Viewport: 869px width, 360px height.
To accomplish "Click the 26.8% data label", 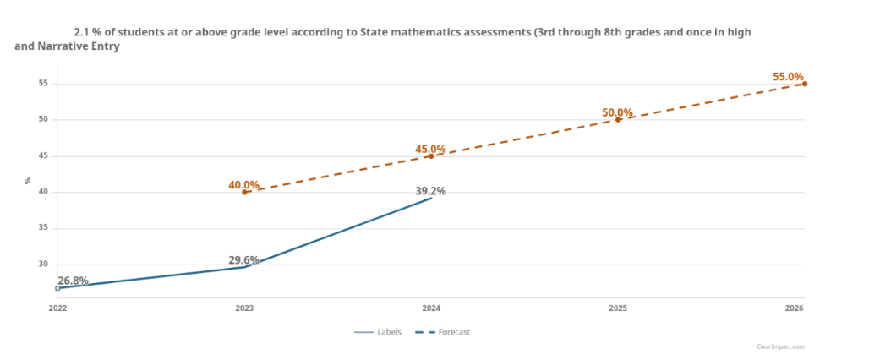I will pyautogui.click(x=73, y=281).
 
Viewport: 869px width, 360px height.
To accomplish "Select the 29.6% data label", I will pyautogui.click(x=243, y=260).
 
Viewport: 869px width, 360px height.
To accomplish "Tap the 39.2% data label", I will pyautogui.click(x=430, y=191).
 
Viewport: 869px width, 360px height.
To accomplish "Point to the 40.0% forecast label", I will pyautogui.click(x=243, y=185).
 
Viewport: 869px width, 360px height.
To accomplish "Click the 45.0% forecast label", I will pyautogui.click(x=430, y=150).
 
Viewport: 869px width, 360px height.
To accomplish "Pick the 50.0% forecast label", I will pyautogui.click(x=617, y=112).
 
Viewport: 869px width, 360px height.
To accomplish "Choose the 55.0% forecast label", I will pyautogui.click(x=788, y=77).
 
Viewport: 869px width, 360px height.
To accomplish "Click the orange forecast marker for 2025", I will pyautogui.click(x=618, y=119).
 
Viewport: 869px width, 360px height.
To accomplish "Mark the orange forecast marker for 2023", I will pyautogui.click(x=244, y=192).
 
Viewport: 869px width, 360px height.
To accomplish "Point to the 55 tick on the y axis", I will pyautogui.click(x=42, y=84).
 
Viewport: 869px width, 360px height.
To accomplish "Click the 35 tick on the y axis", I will pyautogui.click(x=42, y=228).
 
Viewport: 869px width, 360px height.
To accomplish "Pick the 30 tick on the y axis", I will pyautogui.click(x=42, y=265).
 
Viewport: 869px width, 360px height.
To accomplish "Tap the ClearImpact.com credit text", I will pyautogui.click(x=781, y=346).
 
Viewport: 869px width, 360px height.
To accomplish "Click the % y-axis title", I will pyautogui.click(x=27, y=180).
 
